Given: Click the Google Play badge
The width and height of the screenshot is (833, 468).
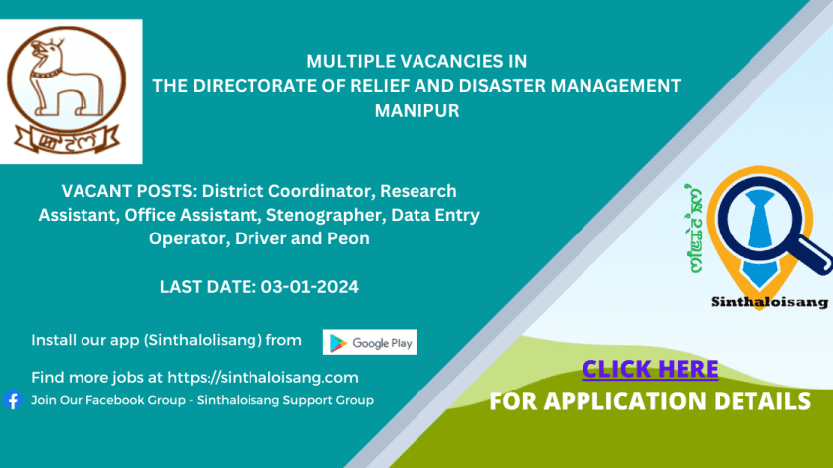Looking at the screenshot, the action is point(370,342).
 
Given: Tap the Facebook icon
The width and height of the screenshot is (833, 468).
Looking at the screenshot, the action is point(13,400).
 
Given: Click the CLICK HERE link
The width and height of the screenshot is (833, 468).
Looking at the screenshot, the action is point(650,369).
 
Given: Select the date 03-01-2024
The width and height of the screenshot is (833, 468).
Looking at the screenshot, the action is point(310,287).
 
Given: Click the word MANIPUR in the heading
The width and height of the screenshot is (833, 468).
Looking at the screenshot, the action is point(417,111).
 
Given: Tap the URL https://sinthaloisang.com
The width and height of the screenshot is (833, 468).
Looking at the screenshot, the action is point(263,378).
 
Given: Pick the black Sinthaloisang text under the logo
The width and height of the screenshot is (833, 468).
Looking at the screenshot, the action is point(769,302).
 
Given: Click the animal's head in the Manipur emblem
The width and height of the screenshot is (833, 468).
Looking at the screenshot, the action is point(46,51).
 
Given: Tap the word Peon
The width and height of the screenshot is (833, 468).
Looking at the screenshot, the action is point(348,238).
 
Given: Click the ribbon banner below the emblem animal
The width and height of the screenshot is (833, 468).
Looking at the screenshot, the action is point(67,140).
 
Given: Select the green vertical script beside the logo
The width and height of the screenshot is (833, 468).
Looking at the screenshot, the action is point(695,229).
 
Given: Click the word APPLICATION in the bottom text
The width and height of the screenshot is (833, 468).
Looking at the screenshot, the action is point(624,401).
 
